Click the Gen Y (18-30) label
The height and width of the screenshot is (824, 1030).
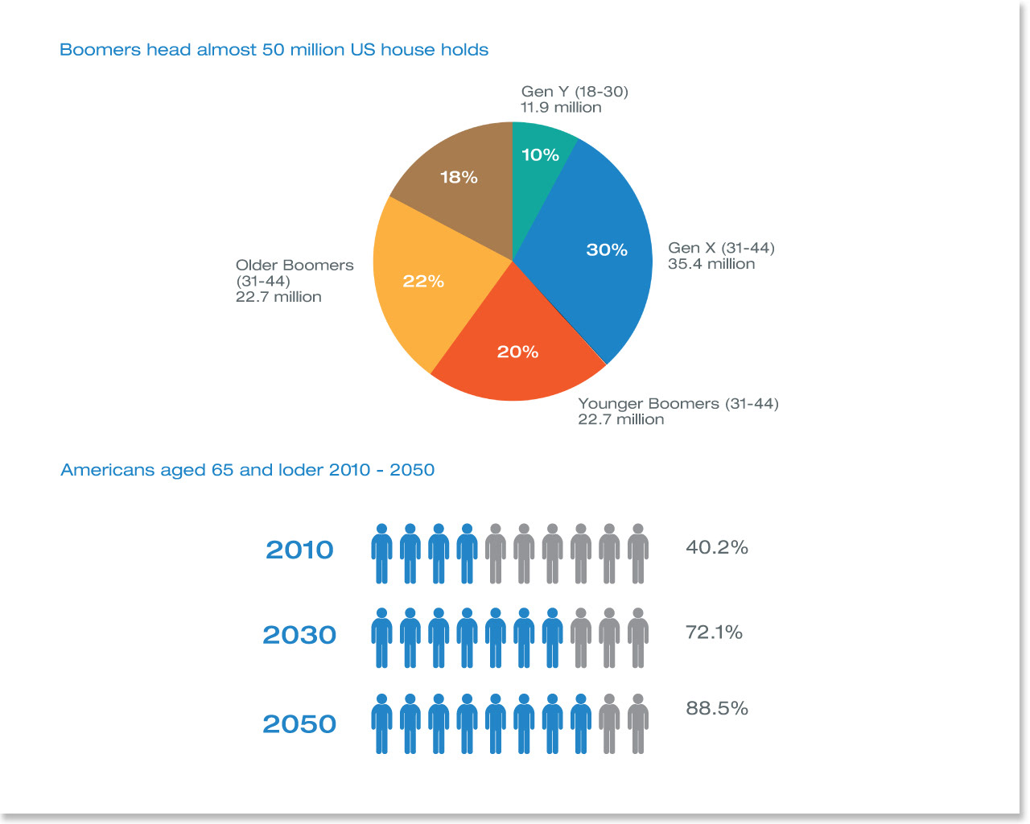[575, 92]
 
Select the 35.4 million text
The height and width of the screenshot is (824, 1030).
[711, 264]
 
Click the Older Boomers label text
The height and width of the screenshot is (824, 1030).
[295, 266]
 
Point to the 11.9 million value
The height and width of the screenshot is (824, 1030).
[561, 108]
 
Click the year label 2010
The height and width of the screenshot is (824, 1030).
[299, 550]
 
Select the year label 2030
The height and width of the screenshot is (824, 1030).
[299, 635]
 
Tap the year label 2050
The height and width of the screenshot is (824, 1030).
[299, 724]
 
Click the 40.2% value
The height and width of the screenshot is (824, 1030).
[717, 548]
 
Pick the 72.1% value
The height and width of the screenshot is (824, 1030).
[714, 632]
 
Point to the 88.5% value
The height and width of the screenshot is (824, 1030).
[717, 709]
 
